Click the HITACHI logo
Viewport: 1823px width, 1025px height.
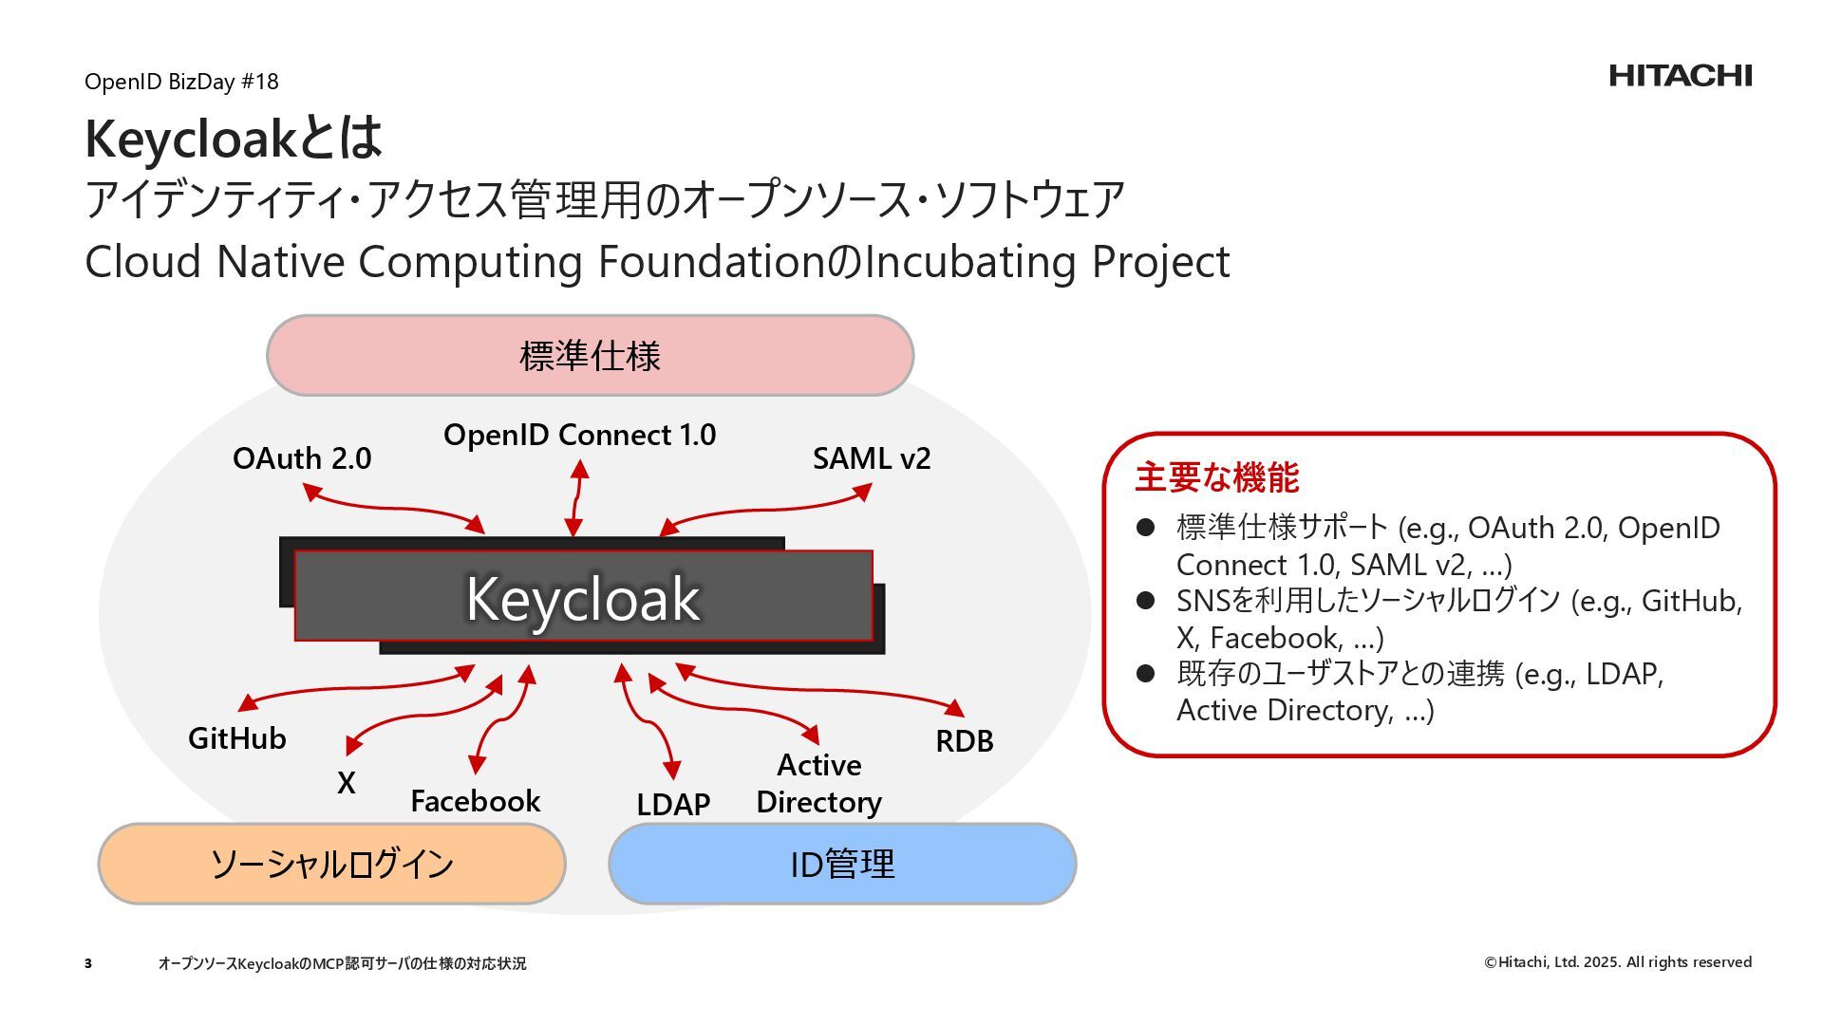[1680, 76]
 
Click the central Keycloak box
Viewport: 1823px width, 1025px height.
[583, 597]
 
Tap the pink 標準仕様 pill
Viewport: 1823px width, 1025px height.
[590, 356]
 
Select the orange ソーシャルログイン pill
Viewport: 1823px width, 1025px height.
[331, 864]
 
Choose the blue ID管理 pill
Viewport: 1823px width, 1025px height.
[842, 864]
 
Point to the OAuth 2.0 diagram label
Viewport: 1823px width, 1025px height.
[302, 458]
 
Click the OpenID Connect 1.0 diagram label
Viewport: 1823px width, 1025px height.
[579, 435]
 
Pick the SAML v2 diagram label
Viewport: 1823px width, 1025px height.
[872, 458]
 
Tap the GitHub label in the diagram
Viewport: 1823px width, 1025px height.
[237, 738]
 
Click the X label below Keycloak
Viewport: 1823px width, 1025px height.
[347, 783]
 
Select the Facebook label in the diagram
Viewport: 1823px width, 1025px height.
[475, 801]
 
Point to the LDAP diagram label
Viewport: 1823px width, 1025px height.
[673, 805]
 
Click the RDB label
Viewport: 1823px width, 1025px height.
[964, 741]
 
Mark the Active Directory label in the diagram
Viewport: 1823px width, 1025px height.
[818, 783]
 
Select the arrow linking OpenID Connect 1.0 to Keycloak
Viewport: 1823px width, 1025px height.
[576, 499]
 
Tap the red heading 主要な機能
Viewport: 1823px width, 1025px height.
[1216, 477]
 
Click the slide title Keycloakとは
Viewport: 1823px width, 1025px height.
[234, 139]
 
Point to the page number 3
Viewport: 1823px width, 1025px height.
[88, 963]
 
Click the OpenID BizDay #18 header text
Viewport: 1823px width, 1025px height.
[181, 82]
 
